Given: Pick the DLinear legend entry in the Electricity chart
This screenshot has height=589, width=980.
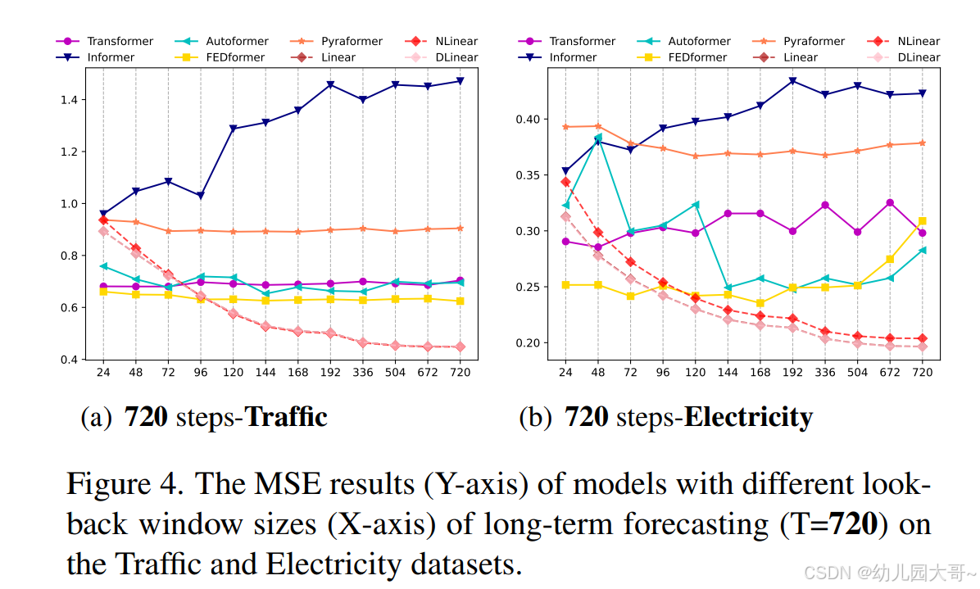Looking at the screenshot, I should click(918, 57).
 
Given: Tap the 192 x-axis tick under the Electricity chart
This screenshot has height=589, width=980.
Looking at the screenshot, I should click(792, 373).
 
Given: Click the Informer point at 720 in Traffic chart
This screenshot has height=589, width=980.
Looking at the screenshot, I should click(460, 80).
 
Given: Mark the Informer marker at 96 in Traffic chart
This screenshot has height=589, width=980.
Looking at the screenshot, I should click(200, 196).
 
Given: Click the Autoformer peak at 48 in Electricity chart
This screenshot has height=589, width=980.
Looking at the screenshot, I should click(598, 138).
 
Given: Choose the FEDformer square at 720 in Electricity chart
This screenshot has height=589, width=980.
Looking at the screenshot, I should click(922, 221).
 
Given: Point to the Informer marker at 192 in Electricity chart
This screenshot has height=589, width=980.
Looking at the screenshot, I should click(792, 81).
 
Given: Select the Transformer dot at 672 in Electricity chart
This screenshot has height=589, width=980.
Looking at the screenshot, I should click(890, 202).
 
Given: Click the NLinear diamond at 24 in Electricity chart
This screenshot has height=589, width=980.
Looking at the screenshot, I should click(565, 182).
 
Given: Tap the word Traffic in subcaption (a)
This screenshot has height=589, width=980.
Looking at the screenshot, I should click(287, 418).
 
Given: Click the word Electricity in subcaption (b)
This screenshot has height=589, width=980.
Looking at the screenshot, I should click(748, 418).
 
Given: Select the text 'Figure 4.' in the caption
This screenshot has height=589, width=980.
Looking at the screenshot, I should click(124, 483).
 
